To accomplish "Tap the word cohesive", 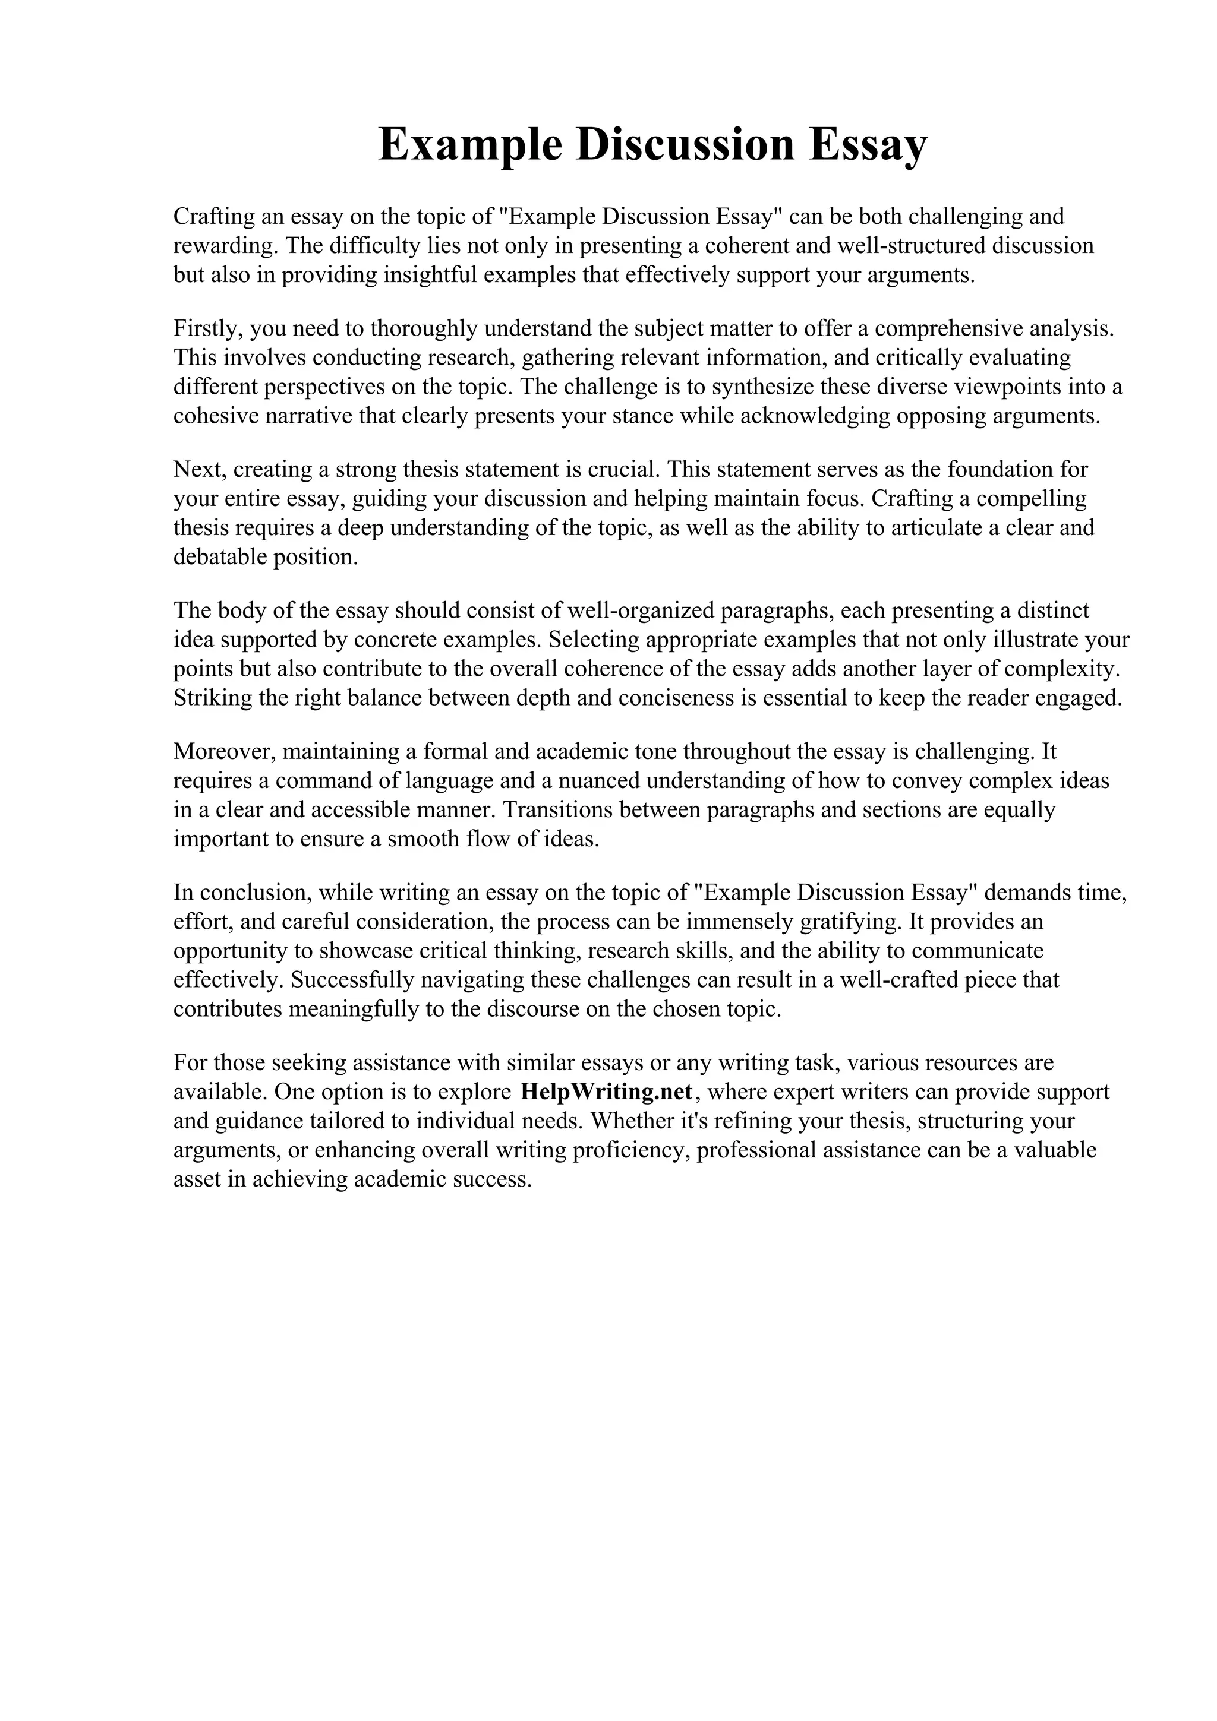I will click(216, 416).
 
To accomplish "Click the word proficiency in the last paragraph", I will click(630, 1150).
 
